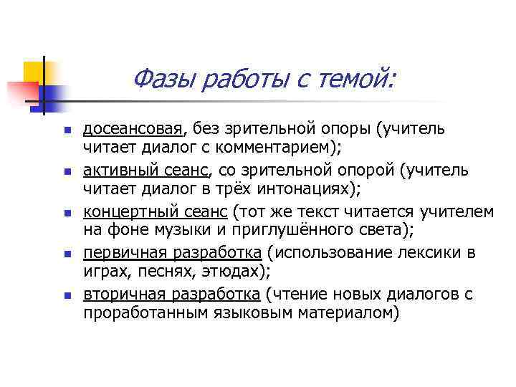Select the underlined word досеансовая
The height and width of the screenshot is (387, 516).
pyautogui.click(x=133, y=128)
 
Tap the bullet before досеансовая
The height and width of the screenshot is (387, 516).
pyautogui.click(x=64, y=130)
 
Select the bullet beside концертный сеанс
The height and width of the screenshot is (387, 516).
pyautogui.click(x=64, y=214)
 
